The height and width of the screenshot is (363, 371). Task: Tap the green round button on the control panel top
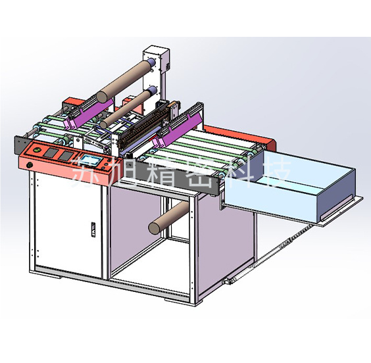point(37,150)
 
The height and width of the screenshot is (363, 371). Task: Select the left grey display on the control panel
point(50,153)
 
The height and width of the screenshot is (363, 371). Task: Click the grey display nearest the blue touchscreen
point(66,156)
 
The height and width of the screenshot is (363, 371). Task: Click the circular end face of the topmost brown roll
point(102,97)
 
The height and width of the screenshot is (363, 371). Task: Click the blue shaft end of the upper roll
point(152,62)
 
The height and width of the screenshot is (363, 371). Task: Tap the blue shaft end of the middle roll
point(153,90)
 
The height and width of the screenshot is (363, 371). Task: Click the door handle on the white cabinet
point(93,229)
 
